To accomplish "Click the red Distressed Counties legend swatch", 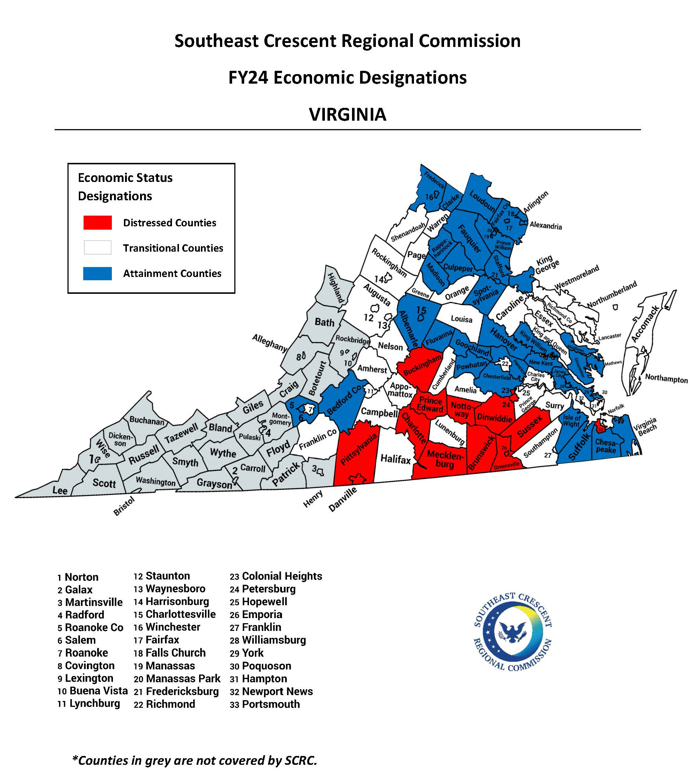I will [x=98, y=223].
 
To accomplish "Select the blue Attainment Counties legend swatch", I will [x=98, y=274].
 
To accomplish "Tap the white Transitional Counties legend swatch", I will [x=98, y=248].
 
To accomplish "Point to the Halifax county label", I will [x=395, y=459].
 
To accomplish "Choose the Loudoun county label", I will [x=482, y=200].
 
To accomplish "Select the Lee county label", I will [x=60, y=490].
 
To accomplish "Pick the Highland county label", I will [x=336, y=288].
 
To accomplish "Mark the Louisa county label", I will [x=462, y=319].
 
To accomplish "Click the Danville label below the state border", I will [x=343, y=499].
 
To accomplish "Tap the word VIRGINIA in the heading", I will [x=348, y=114].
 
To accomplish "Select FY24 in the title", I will [x=248, y=77].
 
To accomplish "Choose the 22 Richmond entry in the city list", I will [x=164, y=704].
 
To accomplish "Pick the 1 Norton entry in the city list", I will [x=78, y=577].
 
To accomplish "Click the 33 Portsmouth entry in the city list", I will [x=265, y=704].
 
